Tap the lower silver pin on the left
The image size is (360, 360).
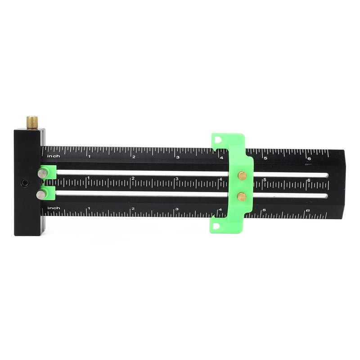(x=41, y=194)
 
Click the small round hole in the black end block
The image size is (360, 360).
(x=24, y=183)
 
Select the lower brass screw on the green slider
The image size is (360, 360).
(x=242, y=196)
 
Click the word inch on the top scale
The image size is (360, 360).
(x=54, y=156)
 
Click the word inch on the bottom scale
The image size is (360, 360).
(x=54, y=208)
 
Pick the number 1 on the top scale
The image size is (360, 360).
(x=90, y=156)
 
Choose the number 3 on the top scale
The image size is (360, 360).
(x=178, y=157)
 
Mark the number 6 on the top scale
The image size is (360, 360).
(x=309, y=159)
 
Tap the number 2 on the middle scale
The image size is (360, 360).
(x=133, y=179)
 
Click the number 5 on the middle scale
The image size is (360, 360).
(x=265, y=180)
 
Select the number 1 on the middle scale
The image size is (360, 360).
(x=89, y=178)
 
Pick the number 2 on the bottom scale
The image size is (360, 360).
(x=133, y=209)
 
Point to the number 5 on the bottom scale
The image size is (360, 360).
(x=265, y=210)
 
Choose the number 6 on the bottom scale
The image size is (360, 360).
(x=308, y=211)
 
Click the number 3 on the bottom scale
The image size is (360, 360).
(x=177, y=209)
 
